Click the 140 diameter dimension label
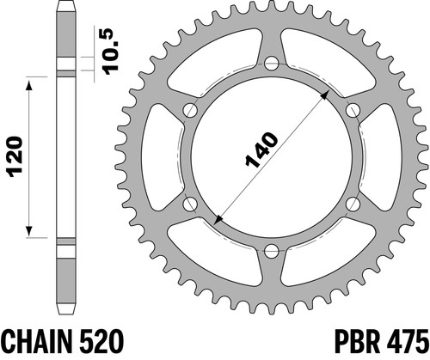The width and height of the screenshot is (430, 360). [x=261, y=149]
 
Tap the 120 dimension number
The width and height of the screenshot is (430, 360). [x=15, y=156]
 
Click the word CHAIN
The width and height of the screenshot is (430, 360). [x=37, y=343]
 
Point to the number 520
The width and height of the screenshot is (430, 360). [x=101, y=343]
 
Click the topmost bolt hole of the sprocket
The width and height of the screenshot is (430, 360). [x=271, y=64]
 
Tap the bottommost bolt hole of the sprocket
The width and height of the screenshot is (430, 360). [x=271, y=251]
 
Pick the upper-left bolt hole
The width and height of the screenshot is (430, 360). [x=190, y=110]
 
